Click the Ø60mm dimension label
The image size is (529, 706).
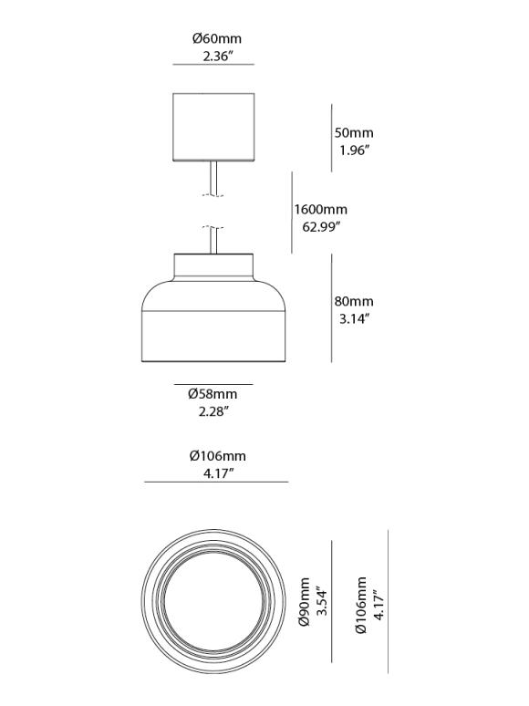216,39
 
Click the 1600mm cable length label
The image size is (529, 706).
321,209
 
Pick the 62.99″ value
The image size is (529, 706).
317,226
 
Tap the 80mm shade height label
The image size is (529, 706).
355,302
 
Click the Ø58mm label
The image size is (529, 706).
213,394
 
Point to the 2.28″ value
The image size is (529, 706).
213,411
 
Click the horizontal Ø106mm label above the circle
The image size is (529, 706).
217,456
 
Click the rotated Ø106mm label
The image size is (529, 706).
362,606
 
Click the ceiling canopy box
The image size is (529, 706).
213,126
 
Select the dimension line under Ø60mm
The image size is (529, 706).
213,66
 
